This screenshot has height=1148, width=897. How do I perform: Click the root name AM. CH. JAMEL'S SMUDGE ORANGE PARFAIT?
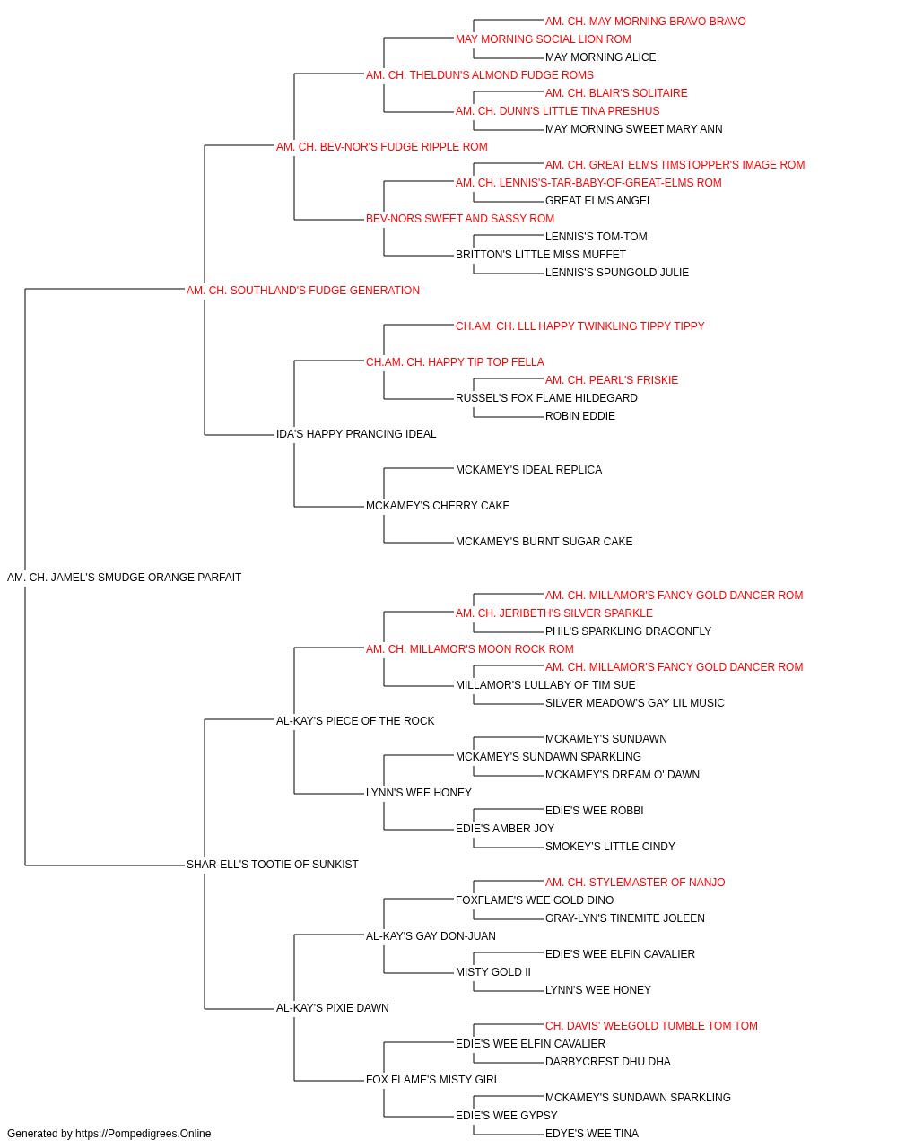coord(124,578)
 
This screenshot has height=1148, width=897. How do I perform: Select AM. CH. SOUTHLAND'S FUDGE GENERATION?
coord(302,291)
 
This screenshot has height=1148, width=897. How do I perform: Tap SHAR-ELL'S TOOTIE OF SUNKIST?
coord(272,865)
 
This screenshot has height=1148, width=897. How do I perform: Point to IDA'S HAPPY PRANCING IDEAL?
coord(356,434)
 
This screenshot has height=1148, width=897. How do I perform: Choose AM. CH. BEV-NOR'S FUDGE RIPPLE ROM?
coord(381,147)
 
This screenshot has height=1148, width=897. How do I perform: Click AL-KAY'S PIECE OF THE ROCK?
coord(355,720)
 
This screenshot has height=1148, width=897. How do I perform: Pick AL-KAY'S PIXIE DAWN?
coord(332,1007)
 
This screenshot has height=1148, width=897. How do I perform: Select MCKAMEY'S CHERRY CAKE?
coord(438,506)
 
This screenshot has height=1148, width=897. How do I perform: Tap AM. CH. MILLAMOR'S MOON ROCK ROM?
coord(470,648)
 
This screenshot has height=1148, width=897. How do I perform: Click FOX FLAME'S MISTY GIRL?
coord(432,1079)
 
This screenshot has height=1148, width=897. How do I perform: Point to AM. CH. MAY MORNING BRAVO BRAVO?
coord(646,22)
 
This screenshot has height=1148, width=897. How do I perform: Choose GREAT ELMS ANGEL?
coord(598,201)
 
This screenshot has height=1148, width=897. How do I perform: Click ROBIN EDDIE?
coord(580,416)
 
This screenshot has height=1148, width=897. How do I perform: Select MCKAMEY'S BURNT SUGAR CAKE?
coord(544,542)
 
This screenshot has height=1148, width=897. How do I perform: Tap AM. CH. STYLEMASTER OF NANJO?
coord(635,883)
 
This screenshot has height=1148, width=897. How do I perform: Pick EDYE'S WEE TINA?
coord(592,1134)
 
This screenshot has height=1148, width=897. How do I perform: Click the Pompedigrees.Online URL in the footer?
coord(144,1134)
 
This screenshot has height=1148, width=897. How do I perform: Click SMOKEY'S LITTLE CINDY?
coord(610,847)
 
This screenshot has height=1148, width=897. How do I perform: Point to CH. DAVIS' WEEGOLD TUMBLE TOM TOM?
coord(651,1025)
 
